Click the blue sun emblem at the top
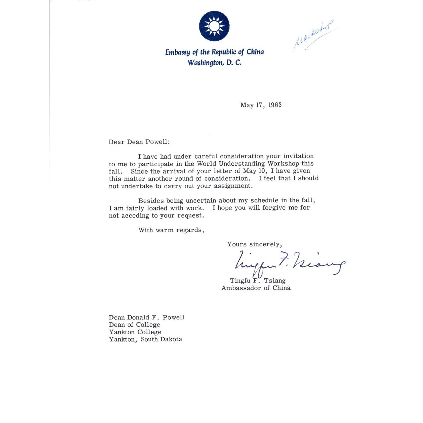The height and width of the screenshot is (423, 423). click(214, 26)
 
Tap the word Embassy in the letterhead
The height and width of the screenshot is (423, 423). click(177, 52)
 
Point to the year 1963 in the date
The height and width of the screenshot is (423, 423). click(275, 105)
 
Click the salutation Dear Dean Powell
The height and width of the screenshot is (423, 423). click(139, 142)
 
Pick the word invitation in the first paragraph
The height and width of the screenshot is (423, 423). click(298, 156)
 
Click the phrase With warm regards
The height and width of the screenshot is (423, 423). click(171, 230)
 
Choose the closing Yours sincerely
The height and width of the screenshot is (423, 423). click(254, 244)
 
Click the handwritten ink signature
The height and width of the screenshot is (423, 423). click(290, 263)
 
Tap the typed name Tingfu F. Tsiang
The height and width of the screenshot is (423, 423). click(258, 281)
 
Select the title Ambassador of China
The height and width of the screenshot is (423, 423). click(256, 288)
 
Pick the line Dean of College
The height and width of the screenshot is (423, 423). click(134, 325)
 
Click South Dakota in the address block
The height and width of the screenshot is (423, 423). click(161, 340)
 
